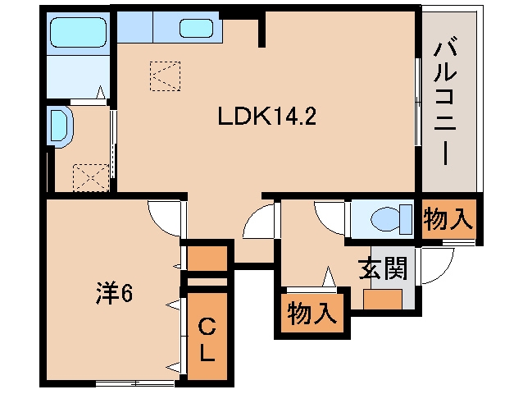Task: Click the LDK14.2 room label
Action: [266, 117]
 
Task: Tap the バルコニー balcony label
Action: [448, 99]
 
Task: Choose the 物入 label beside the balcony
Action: [448, 219]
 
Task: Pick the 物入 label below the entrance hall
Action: [312, 313]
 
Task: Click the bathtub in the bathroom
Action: [78, 33]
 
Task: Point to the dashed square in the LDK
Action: [164, 76]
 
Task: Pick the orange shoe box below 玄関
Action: [381, 299]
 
